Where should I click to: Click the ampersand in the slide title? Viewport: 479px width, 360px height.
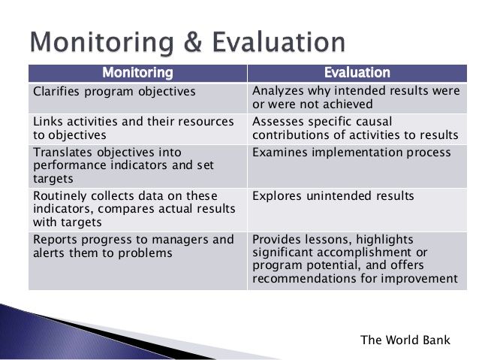click(192, 42)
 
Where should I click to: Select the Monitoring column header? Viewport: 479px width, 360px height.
click(138, 73)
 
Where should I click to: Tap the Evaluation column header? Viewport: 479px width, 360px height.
click(357, 73)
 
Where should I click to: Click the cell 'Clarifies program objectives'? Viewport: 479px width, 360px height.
click(138, 98)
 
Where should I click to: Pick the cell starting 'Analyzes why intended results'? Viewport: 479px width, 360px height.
click(357, 98)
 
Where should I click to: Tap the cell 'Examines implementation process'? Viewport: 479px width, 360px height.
click(357, 166)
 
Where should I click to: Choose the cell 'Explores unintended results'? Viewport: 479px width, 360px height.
click(357, 210)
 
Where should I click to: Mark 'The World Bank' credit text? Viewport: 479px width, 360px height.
click(405, 340)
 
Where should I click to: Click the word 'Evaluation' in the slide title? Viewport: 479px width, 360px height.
click(279, 42)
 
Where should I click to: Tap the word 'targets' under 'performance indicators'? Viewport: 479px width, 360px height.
click(53, 179)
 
